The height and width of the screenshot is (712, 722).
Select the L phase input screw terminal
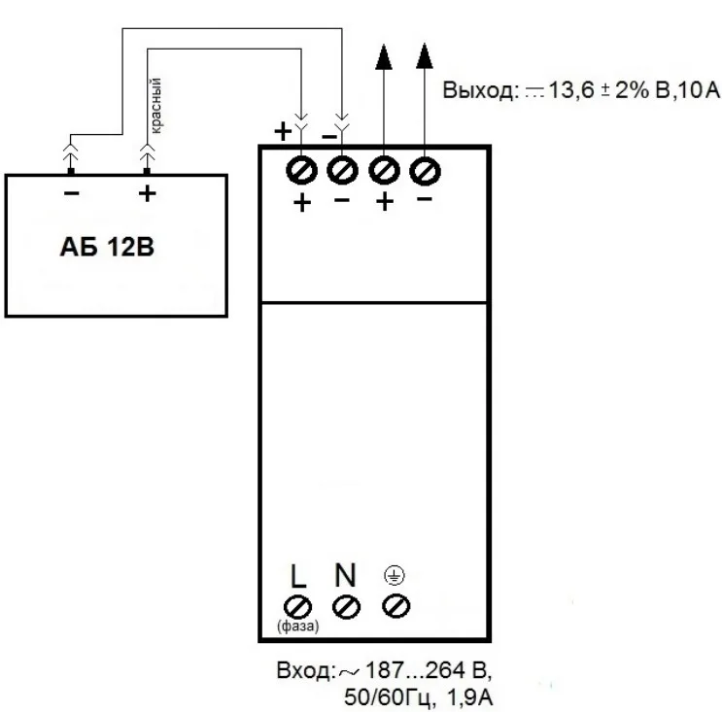tap(299, 606)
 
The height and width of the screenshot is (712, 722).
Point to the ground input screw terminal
tap(395, 606)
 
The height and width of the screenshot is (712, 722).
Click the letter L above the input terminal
tap(298, 575)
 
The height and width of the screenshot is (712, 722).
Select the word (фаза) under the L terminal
tap(298, 626)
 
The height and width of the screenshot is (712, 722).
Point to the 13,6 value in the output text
tap(573, 92)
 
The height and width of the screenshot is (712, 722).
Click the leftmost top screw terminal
tap(301, 171)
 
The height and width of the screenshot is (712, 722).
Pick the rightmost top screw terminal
tap(424, 171)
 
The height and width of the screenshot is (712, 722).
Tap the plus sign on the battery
tap(147, 192)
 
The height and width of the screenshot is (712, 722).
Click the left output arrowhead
tap(385, 57)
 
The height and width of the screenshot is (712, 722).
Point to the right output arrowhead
tap(424, 57)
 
